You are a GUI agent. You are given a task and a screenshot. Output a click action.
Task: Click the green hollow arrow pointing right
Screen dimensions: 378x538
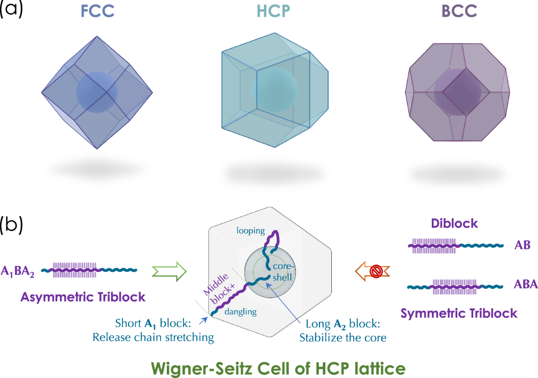169,272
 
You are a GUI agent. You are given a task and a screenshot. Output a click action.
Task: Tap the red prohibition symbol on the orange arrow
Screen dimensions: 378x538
376,271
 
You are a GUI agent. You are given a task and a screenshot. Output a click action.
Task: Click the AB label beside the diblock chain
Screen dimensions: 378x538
521,245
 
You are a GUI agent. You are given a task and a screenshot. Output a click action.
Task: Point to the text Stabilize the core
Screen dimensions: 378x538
343,337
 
